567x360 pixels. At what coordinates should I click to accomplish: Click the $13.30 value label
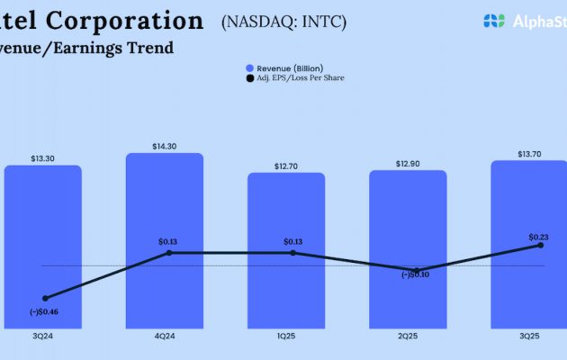[x=42, y=158]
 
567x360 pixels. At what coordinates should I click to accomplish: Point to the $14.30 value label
[x=164, y=146]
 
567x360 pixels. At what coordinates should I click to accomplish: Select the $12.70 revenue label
[x=286, y=166]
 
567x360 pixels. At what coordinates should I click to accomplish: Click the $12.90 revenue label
[x=408, y=163]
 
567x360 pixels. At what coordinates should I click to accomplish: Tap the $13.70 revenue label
[x=529, y=154]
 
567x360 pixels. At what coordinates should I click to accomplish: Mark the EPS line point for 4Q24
[x=169, y=253]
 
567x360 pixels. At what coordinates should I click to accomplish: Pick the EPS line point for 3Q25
[x=541, y=245]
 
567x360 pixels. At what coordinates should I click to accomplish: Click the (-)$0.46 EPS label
[x=42, y=311]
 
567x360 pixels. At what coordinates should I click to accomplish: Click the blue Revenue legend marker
[x=249, y=68]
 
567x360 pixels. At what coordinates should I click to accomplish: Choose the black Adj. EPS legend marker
[x=249, y=78]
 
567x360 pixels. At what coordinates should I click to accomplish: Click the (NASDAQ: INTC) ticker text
[x=283, y=22]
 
